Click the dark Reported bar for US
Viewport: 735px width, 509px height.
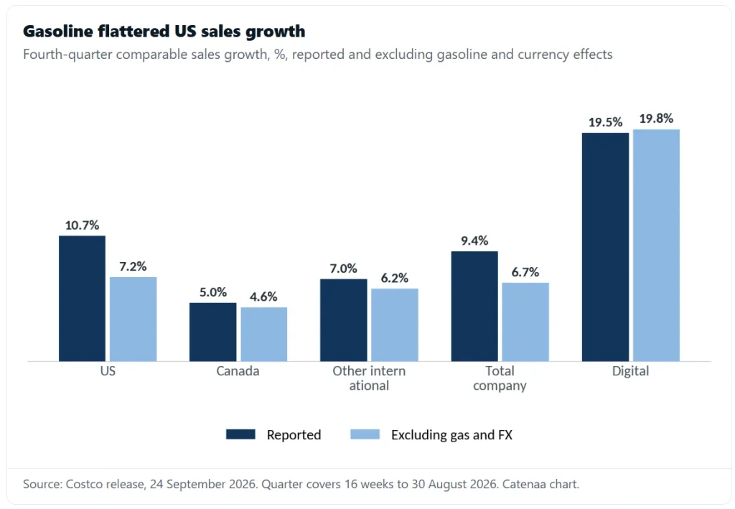82,299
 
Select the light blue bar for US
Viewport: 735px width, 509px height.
133,319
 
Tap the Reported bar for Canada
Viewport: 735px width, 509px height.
212,332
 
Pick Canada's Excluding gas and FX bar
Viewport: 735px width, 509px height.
264,334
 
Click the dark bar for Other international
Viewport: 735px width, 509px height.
344,320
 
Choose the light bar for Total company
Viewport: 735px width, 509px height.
525,322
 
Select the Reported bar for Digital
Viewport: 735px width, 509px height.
605,247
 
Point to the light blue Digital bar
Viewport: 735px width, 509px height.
656,245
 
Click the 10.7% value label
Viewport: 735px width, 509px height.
82,225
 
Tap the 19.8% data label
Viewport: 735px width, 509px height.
656,118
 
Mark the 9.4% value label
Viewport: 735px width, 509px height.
474,241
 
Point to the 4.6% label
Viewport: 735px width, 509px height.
263,296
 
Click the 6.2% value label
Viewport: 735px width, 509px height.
395,279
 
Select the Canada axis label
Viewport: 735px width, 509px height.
238,371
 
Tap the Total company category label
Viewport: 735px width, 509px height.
500,378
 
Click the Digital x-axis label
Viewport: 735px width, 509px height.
630,371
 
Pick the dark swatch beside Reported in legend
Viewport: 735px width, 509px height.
240,434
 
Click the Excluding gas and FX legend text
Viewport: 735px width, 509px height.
452,435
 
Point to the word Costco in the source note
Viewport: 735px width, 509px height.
82,484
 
